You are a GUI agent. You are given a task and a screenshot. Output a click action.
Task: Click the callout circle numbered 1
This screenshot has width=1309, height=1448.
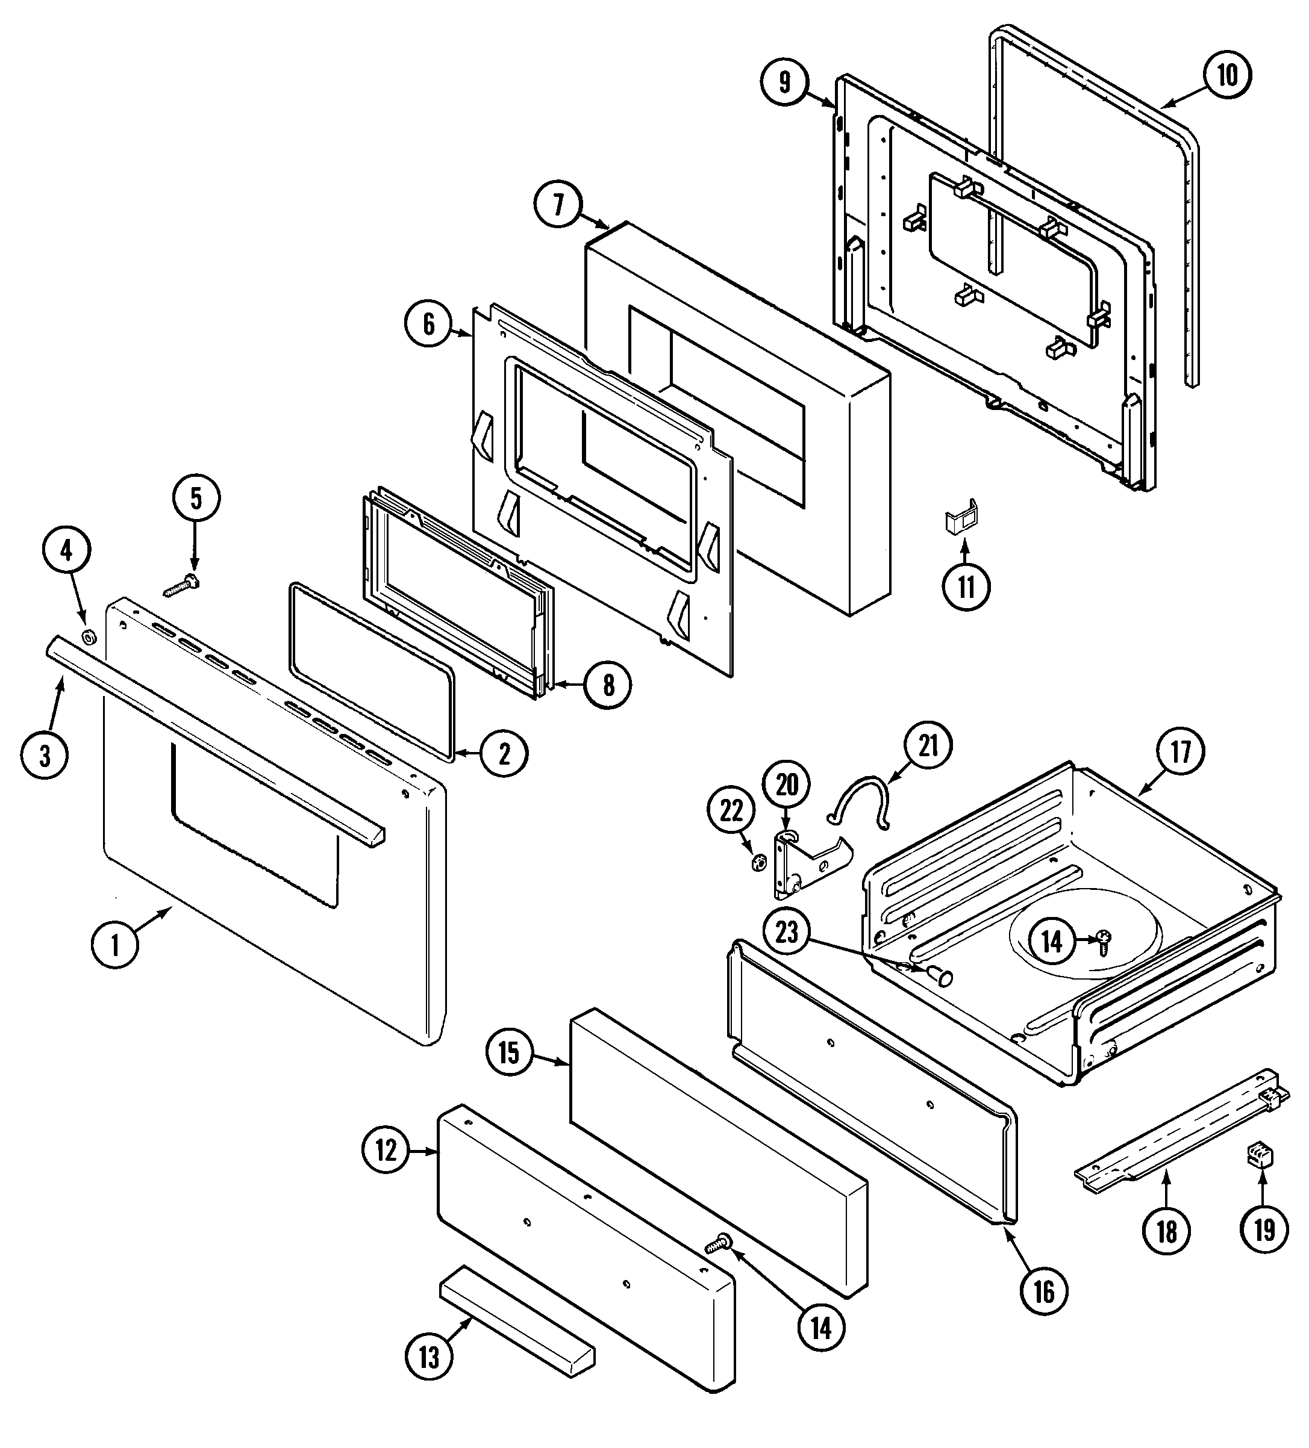point(115,945)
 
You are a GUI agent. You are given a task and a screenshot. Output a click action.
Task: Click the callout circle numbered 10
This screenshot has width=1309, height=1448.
point(1227,75)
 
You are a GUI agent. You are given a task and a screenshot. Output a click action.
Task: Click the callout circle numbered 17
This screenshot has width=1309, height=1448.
point(1181,752)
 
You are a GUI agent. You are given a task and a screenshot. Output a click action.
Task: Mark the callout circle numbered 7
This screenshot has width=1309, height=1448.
point(558,204)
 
